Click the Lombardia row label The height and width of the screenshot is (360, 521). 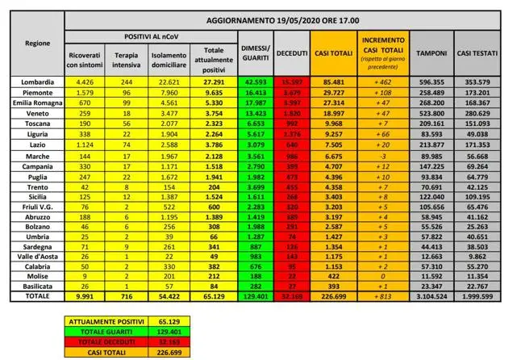pos(39,82)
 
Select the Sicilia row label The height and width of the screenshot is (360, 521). pos(39,195)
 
